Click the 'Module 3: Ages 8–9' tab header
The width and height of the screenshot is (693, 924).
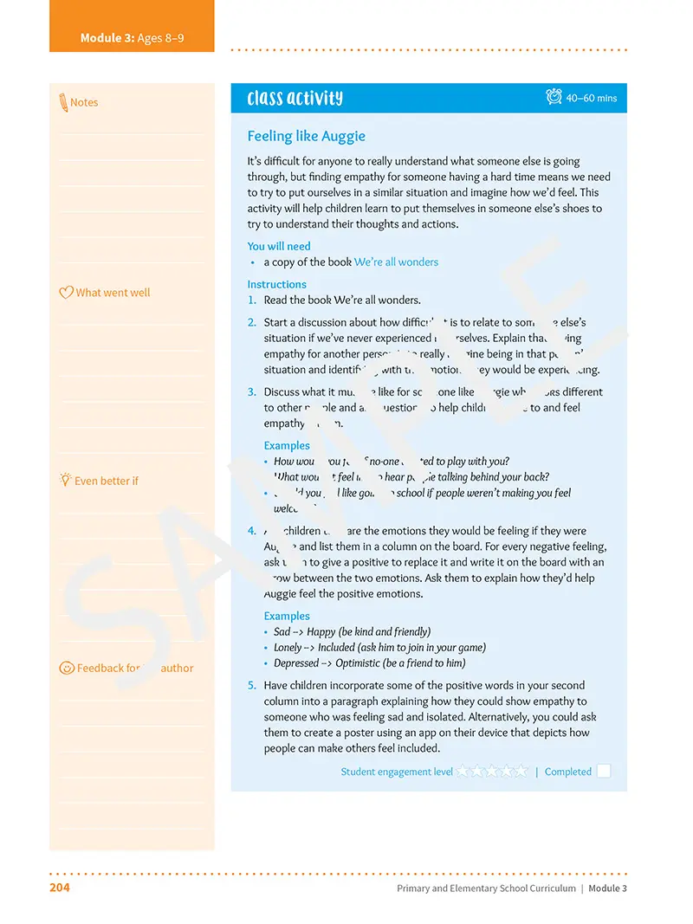[132, 38]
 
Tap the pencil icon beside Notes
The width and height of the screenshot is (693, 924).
[63, 102]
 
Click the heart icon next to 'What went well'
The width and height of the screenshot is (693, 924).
[66, 293]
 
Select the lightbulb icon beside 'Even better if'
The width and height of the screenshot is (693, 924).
[65, 480]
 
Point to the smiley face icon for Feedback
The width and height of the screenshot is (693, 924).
[67, 668]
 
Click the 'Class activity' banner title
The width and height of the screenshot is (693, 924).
[295, 98]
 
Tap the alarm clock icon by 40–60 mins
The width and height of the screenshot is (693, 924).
[554, 97]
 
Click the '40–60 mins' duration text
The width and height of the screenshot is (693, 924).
[592, 99]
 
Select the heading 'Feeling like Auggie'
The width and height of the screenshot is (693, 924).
[306, 136]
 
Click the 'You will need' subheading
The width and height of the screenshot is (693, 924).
[278, 246]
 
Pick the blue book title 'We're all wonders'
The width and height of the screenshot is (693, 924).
[396, 262]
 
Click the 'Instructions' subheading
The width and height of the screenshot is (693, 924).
[276, 284]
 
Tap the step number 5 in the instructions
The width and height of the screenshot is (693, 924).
[251, 685]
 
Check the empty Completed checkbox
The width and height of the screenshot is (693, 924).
[603, 771]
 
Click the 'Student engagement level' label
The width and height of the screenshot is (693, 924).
[396, 772]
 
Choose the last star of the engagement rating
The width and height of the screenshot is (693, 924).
[521, 771]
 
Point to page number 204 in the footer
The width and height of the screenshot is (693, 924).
[60, 888]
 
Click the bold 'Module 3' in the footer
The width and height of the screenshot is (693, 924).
[607, 888]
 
